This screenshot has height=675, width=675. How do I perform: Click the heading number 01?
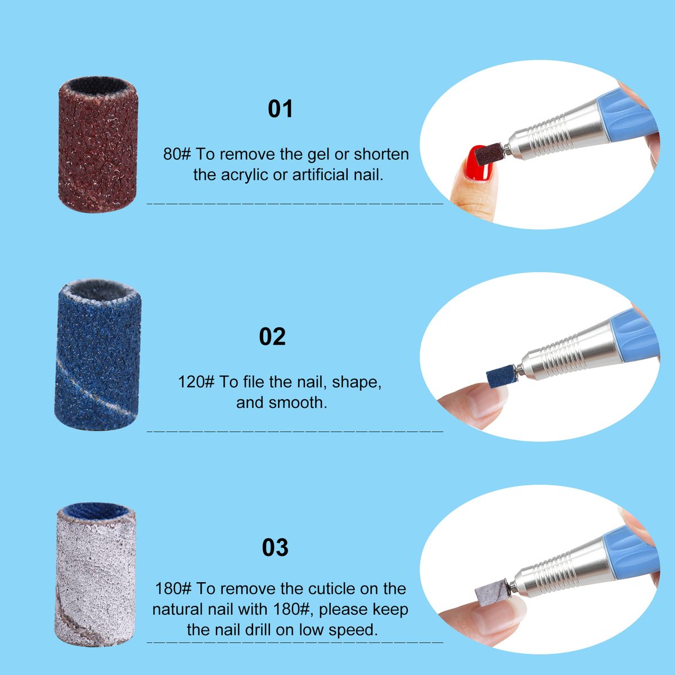(x=280, y=109)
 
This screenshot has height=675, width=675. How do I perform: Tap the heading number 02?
(x=272, y=336)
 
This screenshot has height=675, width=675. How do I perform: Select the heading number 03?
(x=275, y=547)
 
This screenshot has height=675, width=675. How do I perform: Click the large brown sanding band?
(x=98, y=146)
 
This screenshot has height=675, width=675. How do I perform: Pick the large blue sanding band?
(x=98, y=355)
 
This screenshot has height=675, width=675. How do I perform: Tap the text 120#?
(x=196, y=382)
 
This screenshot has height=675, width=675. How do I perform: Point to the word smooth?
(x=298, y=403)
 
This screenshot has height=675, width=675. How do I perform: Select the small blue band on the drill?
(x=500, y=376)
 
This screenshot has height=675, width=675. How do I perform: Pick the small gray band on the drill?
(x=492, y=592)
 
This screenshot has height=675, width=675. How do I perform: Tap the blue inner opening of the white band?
(x=96, y=511)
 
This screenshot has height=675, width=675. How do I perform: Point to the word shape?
(x=357, y=382)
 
